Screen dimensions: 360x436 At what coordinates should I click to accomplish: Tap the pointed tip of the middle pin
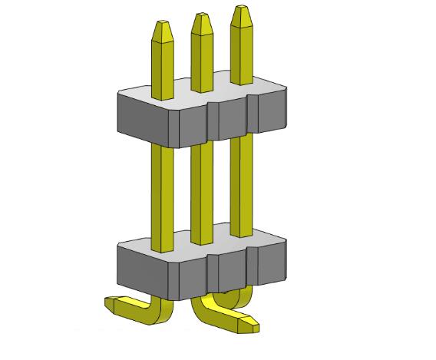(202, 20)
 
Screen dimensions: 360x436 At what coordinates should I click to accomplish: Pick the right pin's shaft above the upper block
(241, 54)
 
